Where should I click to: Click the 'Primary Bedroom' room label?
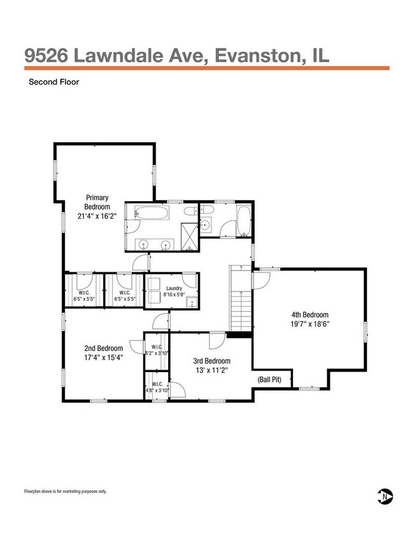tap(97, 202)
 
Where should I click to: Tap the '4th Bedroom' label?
tap(310, 315)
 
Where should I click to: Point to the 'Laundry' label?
tap(175, 288)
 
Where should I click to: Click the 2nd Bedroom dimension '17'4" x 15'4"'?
tap(103, 358)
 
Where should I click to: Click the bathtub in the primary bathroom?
tap(152, 213)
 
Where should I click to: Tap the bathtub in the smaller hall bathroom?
tap(244, 220)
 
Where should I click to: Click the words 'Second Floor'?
tap(53, 81)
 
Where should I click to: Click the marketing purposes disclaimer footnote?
tap(66, 491)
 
